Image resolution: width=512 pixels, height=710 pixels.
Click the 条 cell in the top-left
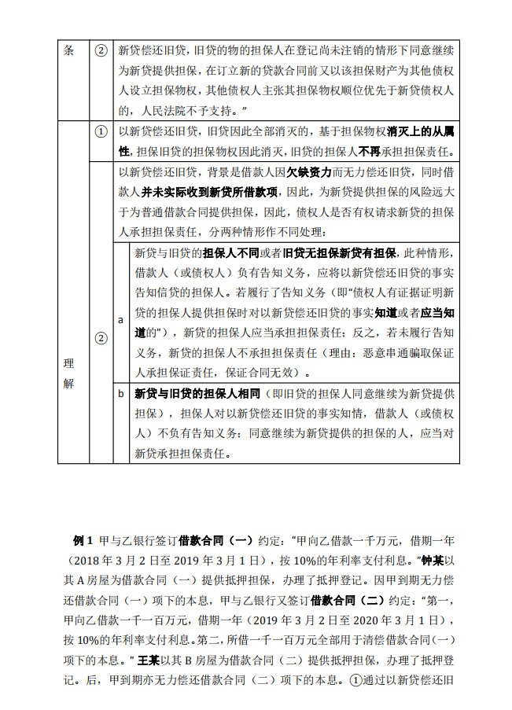[68, 50]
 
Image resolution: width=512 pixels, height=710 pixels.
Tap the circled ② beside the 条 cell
[100, 50]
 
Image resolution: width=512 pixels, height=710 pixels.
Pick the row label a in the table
[120, 321]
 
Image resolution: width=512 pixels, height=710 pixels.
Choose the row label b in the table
[120, 393]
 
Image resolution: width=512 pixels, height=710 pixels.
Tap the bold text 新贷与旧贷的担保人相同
[197, 393]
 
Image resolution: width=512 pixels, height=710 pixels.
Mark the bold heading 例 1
[83, 542]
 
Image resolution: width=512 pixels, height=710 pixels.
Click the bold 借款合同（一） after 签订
[215, 542]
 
